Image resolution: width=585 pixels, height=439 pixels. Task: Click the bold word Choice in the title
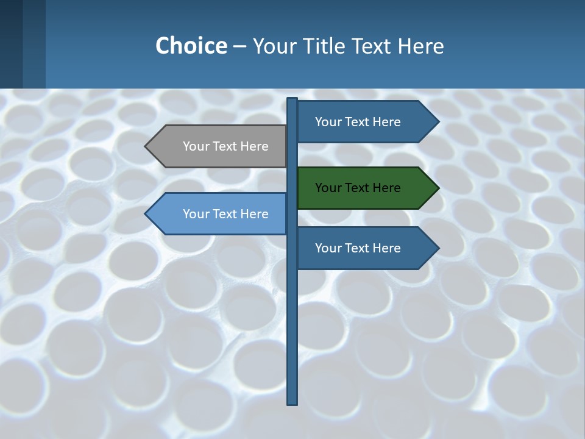[x=191, y=46]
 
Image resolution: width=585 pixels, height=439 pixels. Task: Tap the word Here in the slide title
[x=421, y=46]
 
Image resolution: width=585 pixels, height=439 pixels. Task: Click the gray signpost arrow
[x=219, y=146]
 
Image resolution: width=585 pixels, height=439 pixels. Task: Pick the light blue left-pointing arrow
[x=219, y=213]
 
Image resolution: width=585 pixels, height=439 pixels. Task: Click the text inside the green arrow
[x=358, y=188]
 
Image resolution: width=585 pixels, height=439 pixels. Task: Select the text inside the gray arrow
[x=225, y=146]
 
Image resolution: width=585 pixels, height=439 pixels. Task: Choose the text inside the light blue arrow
[x=225, y=214]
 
